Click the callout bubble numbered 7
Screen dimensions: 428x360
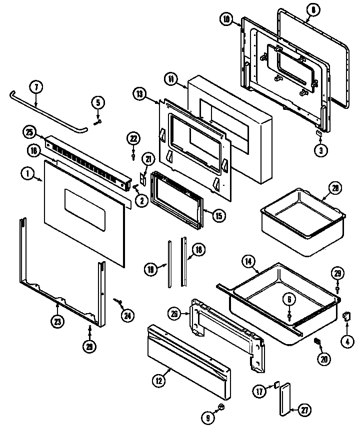pos(36,86)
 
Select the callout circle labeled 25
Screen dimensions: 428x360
pos(29,132)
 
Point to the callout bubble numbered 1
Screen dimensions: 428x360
pos(26,173)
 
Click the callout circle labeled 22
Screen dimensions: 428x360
pos(133,138)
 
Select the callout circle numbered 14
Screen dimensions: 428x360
pos(248,261)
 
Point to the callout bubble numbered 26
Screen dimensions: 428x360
pos(174,314)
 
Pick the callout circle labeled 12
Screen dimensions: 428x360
pos(159,381)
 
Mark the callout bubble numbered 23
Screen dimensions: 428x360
pos(58,322)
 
